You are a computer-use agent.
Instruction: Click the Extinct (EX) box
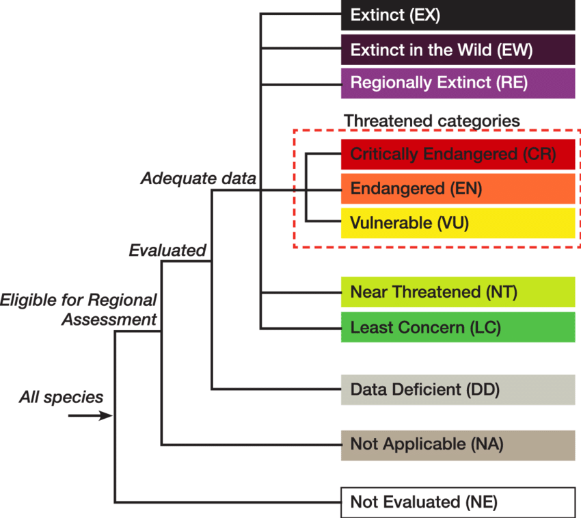[x=457, y=15]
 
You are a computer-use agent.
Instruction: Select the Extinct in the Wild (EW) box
[x=457, y=50]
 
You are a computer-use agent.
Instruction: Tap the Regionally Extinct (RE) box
[x=457, y=83]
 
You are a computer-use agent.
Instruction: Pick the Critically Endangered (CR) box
[x=457, y=154]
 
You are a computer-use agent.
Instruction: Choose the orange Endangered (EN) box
[x=457, y=189]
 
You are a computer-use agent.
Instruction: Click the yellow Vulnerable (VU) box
[x=457, y=223]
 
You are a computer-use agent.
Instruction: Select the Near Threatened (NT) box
[x=457, y=292]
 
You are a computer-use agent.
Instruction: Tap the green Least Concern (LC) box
[x=457, y=328]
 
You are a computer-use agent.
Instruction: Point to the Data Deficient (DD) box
[x=457, y=389]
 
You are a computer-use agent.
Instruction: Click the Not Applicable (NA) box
[x=457, y=445]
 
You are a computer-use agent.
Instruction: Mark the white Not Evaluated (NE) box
[x=457, y=502]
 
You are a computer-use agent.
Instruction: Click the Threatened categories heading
[x=431, y=120]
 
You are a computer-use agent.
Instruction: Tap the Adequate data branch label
[x=198, y=179]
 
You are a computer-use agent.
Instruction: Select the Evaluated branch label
[x=167, y=250]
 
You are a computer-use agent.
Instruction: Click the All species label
[x=61, y=397]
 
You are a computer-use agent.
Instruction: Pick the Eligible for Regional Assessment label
[x=79, y=309]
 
